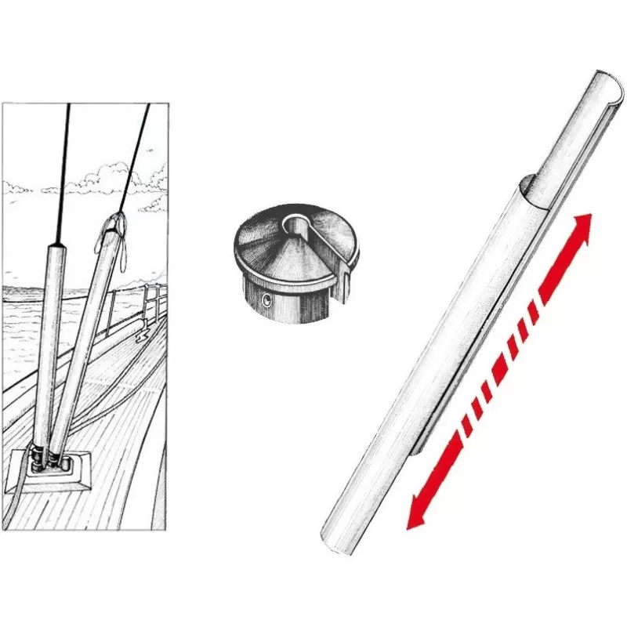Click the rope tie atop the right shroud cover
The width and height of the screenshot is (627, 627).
tap(118, 223)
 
